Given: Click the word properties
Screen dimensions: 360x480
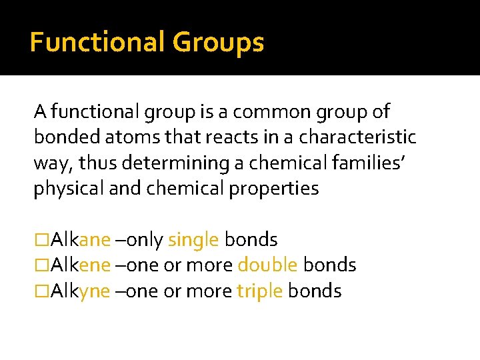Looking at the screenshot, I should [x=274, y=189].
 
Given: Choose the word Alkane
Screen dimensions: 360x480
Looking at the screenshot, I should [x=81, y=239].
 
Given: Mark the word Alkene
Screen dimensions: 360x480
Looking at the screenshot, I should [x=81, y=265].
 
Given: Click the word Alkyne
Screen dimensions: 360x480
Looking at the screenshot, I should [x=81, y=291].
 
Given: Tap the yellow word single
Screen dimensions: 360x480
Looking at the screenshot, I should [x=193, y=239].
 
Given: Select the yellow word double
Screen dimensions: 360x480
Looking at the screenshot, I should [x=267, y=265].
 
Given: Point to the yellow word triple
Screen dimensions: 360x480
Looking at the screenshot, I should [x=259, y=291].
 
